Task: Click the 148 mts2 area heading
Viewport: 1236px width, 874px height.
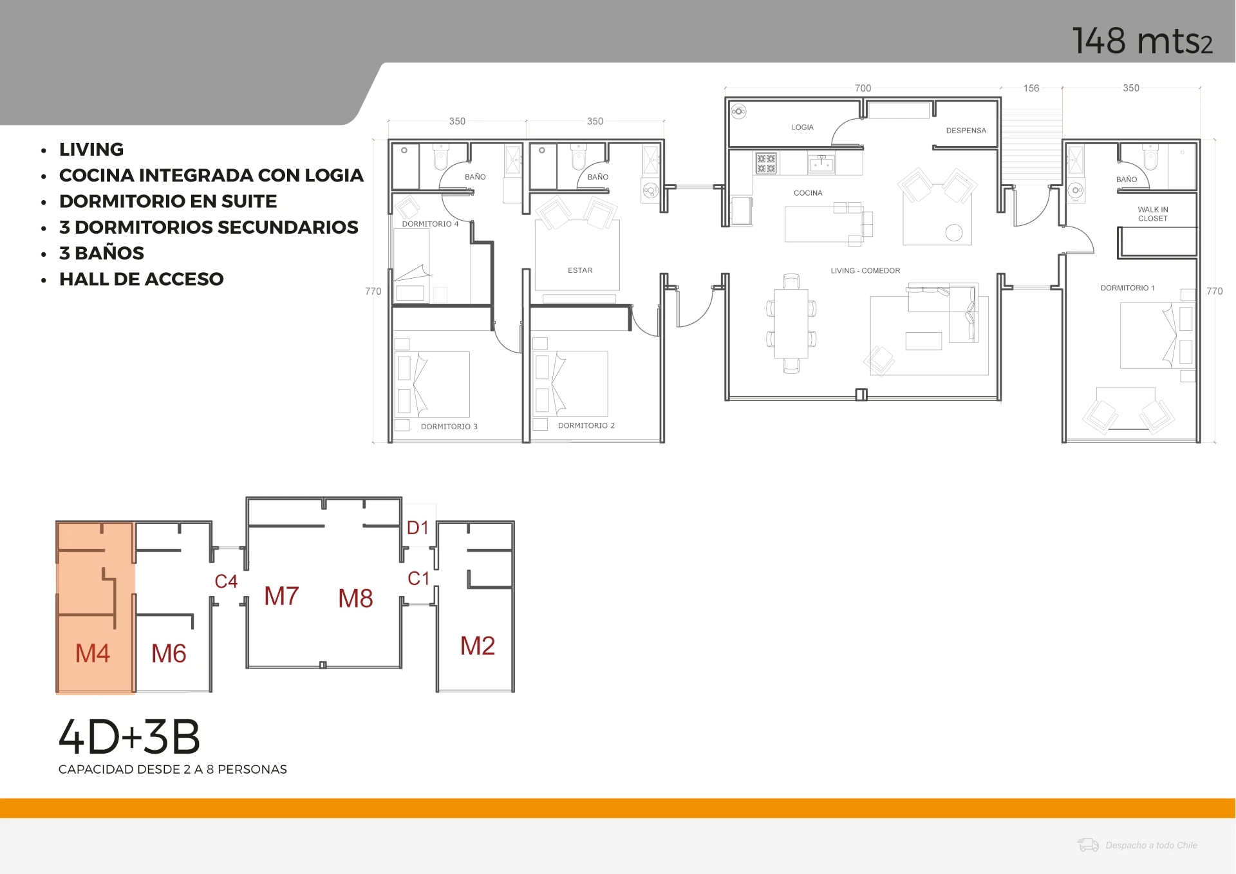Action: (1143, 41)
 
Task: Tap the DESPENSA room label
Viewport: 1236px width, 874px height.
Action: (966, 131)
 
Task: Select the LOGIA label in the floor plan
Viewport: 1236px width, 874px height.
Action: (802, 127)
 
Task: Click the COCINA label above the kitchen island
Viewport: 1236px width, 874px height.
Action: (808, 193)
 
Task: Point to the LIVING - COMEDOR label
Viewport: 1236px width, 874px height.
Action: (865, 271)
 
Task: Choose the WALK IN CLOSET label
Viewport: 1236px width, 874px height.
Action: (1153, 214)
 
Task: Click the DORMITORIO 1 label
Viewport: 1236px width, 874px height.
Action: (1127, 288)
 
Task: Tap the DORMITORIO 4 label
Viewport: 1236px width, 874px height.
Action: (430, 224)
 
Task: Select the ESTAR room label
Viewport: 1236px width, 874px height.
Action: (580, 270)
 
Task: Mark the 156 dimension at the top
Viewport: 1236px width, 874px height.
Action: (1031, 88)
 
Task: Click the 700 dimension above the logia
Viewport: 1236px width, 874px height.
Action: (863, 88)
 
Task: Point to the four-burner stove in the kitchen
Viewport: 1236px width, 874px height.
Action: (766, 163)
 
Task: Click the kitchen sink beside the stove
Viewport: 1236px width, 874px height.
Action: (821, 164)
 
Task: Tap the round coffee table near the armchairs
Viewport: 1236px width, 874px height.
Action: (954, 232)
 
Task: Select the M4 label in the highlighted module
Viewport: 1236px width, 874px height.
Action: (93, 654)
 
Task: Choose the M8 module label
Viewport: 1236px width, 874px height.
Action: (355, 599)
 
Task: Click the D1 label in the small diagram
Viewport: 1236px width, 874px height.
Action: (418, 528)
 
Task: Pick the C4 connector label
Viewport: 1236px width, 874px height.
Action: (226, 582)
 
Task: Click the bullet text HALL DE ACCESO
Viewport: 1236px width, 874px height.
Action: (141, 279)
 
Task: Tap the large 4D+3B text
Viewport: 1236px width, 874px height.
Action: (129, 737)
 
